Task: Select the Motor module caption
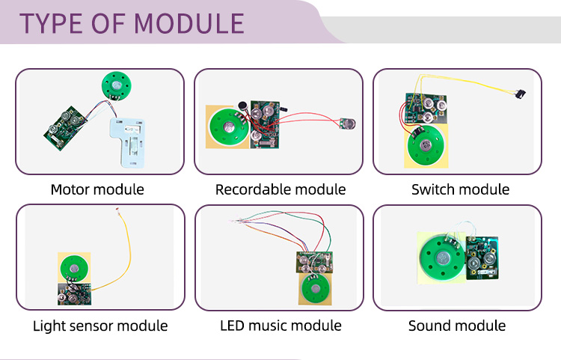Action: point(97,189)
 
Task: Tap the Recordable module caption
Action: point(280,189)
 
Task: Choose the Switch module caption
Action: point(460,189)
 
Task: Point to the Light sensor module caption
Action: point(100,326)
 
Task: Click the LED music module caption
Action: point(280,326)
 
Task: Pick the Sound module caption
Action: point(457,326)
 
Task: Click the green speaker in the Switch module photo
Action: point(424,145)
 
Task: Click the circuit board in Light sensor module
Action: point(73,293)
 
